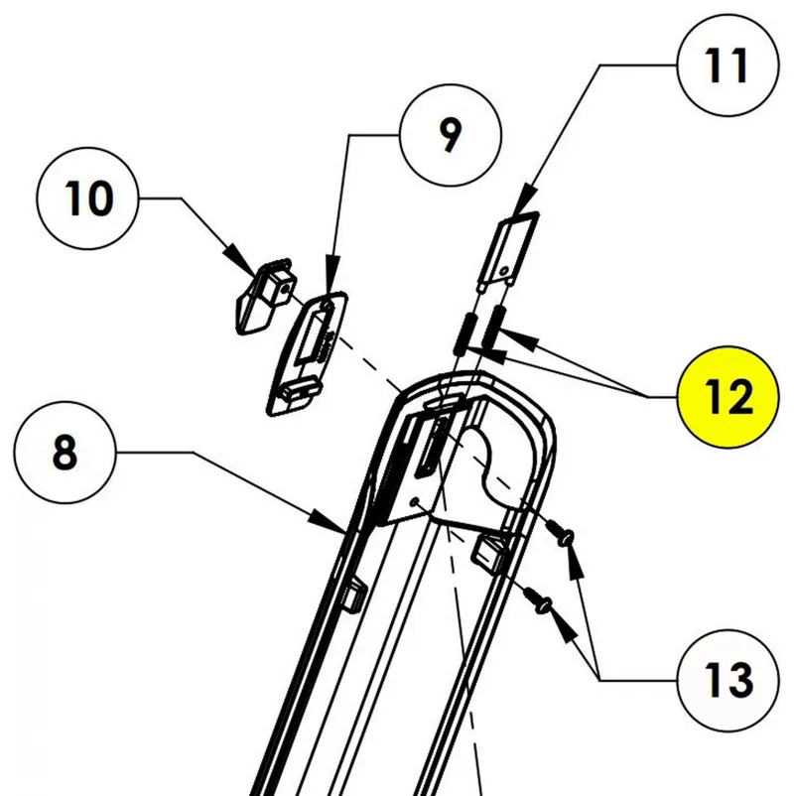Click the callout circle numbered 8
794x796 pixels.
65,454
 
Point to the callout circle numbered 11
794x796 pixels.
727,66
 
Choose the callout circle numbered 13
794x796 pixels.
728,680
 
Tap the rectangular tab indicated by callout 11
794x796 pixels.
514,249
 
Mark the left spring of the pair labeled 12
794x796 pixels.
463,333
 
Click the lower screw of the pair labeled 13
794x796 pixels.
541,599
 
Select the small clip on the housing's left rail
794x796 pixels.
350,595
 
